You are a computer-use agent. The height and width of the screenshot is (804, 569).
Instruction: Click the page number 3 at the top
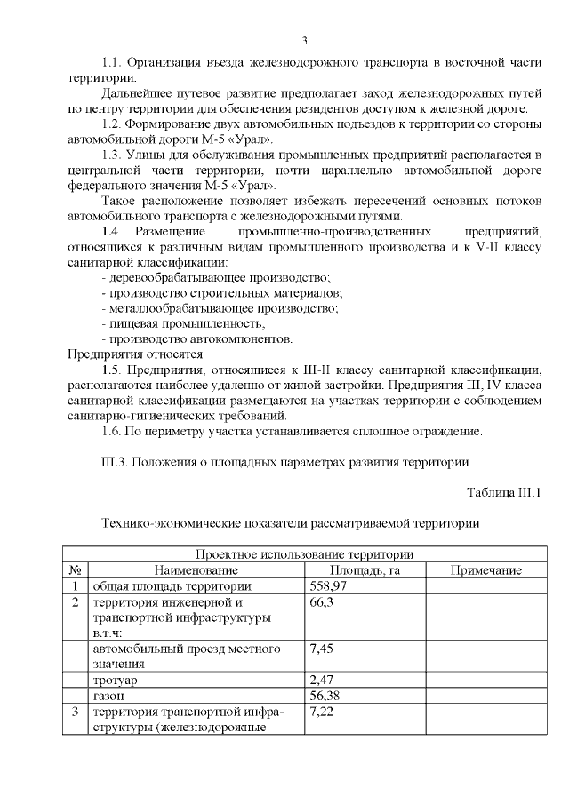305,40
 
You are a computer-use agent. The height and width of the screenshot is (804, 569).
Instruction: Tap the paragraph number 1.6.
113,432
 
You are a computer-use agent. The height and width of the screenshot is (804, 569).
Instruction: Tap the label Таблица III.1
504,492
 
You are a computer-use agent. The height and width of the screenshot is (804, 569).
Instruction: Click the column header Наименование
196,570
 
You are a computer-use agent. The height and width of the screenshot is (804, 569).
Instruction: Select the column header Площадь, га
365,570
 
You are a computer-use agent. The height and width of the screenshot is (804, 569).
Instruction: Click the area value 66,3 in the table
321,602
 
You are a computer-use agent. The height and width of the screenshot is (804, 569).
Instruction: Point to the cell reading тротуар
114,680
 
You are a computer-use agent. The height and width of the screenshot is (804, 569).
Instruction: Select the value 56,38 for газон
324,695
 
